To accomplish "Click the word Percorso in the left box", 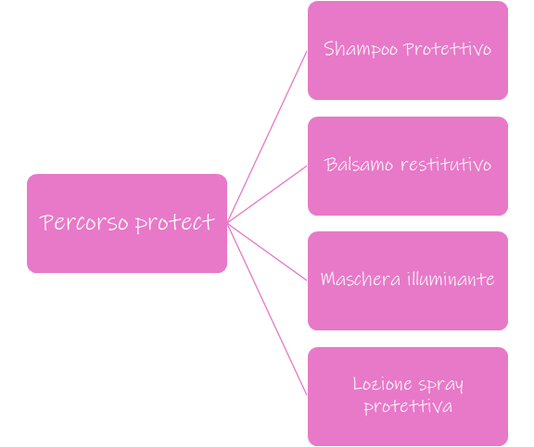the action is pos(83,223).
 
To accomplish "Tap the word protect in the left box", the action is pos(175,223).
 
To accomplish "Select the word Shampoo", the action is pos(361,49).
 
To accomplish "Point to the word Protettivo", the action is pos(448,49).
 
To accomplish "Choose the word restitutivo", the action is pos(446,165).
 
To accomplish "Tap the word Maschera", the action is pos(361,279).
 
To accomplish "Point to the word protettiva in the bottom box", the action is pos(408,407).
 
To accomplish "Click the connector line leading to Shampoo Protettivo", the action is pos(267,137).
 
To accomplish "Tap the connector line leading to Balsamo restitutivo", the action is pos(267,194).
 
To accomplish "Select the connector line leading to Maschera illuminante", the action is pos(267,252).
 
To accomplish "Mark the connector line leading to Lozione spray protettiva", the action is pos(267,309).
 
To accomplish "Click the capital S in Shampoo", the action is pos(328,48).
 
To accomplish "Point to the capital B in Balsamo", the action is pos(330,165).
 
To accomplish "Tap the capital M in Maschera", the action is pos(329,279).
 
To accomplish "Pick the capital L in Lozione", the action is pos(358,384).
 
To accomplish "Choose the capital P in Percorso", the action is pos(46,222).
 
